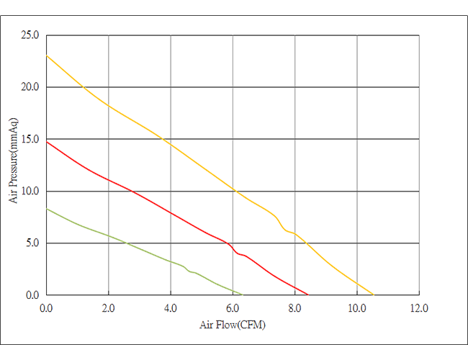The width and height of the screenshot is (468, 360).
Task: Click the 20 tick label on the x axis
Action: click(x=109, y=307)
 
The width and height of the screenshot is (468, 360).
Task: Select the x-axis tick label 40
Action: click(x=171, y=307)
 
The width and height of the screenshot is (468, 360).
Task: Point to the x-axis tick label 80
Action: click(x=295, y=307)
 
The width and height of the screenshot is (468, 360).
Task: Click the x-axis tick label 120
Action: click(x=420, y=307)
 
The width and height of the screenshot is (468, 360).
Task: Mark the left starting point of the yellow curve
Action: click(x=48, y=55)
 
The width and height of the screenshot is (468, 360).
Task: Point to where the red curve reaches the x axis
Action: click(x=308, y=294)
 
